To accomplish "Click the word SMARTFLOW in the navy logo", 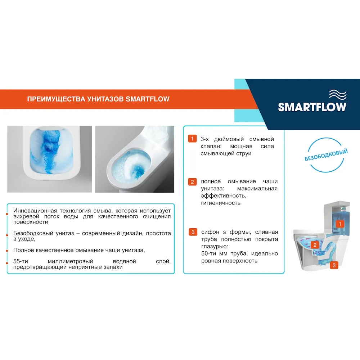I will point(312,107).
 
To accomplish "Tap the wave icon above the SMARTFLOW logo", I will point(337,95).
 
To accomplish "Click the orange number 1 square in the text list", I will point(193,139).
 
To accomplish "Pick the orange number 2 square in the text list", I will point(193,182).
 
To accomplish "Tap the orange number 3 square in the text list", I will point(193,232).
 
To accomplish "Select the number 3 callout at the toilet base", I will point(334,265).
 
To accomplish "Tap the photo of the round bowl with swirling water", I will point(135,159).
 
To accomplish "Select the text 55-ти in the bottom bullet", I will point(21,261).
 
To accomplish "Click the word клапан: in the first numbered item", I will point(212,147).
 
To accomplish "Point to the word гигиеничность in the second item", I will point(221,203).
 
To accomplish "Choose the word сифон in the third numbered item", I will point(210,232).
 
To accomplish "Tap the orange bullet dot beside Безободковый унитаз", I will point(7,235).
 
